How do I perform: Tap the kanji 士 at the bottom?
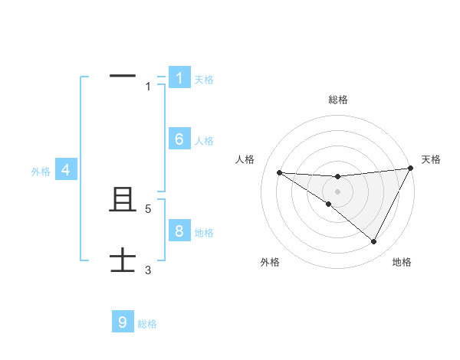123,260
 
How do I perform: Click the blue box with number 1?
179,77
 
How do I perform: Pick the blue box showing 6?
179,139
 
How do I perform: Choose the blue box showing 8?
179,231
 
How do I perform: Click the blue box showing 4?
66,170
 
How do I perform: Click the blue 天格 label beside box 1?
204,80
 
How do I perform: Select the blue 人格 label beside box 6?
204,141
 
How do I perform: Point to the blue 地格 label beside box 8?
204,233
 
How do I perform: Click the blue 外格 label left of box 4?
41,172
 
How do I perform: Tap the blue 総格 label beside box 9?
147,324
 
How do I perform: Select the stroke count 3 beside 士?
148,270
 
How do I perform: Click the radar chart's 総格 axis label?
338,100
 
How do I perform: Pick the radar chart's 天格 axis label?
431,159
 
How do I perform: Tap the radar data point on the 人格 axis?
279,172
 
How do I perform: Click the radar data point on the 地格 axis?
374,242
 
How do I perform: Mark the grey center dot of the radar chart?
337,191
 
